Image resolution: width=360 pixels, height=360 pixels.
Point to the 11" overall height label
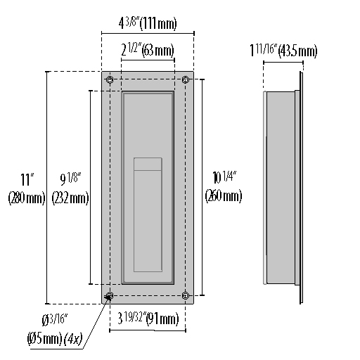27,179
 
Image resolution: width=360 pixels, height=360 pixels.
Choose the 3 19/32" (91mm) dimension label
147,319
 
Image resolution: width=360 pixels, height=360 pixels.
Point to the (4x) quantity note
73,340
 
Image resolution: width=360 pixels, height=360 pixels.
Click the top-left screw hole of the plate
109,80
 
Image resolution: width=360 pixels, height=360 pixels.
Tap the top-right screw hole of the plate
186,80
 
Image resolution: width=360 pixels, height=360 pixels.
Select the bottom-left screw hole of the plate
109,295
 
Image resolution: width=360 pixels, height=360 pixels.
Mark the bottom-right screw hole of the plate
186,295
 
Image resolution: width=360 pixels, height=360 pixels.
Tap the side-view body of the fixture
280,187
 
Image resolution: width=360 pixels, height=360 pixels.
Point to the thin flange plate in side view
300,187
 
